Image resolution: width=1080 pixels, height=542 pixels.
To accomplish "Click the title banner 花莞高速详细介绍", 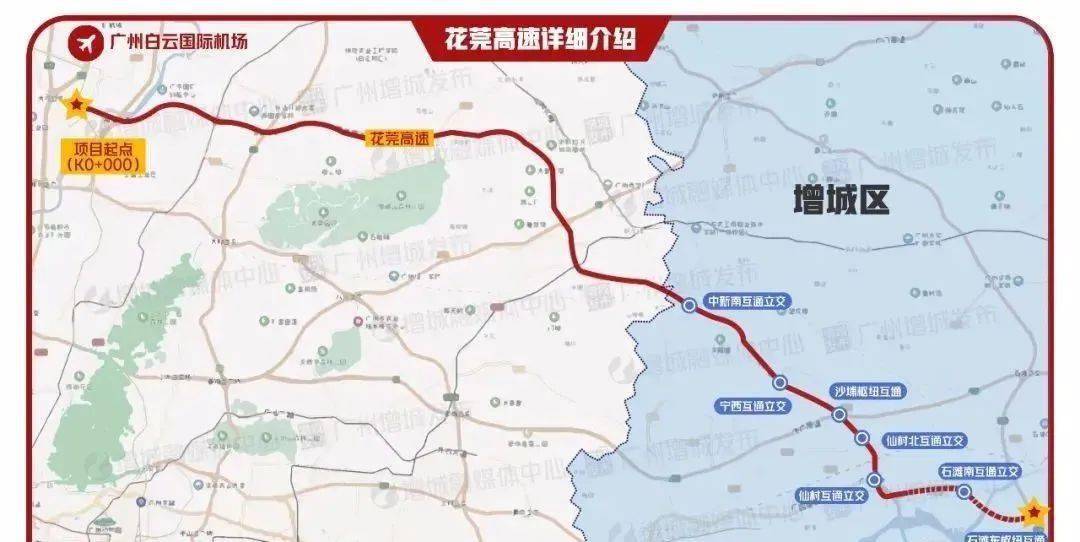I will [x=541, y=40].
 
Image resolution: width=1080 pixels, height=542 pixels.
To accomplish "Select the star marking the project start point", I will [x=75, y=104].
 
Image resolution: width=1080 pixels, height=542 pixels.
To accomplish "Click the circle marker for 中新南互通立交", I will [x=689, y=306].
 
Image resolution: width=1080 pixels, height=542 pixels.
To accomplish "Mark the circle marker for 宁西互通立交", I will [x=779, y=382].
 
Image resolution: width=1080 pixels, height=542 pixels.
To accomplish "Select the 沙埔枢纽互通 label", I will [x=868, y=391].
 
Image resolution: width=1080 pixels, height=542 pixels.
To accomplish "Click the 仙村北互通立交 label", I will [x=926, y=440].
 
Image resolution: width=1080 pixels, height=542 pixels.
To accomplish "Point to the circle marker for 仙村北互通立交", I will [x=862, y=438].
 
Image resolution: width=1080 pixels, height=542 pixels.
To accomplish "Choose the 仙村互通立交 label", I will [x=831, y=495].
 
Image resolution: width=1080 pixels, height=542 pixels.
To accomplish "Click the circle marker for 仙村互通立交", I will [x=875, y=481].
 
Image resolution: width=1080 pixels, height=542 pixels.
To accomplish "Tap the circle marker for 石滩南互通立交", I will [x=964, y=491].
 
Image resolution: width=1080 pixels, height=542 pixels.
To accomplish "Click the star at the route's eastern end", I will [x=1033, y=512].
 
